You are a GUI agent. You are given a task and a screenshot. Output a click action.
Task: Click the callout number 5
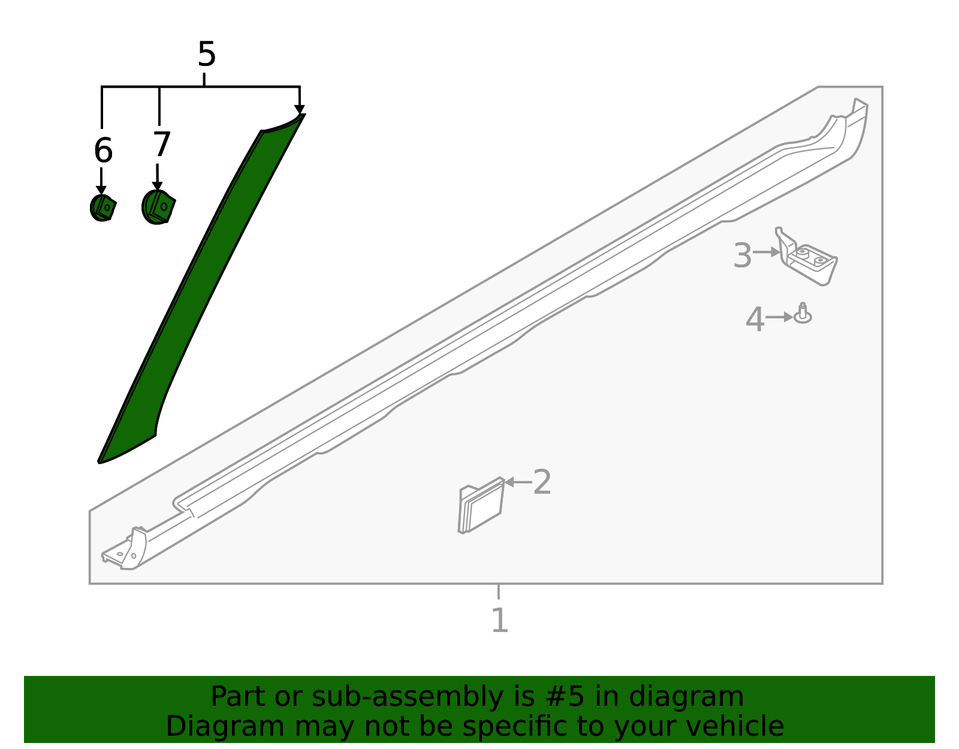[206, 55]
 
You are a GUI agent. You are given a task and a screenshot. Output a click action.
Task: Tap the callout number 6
[103, 151]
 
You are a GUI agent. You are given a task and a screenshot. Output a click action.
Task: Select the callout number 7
[162, 145]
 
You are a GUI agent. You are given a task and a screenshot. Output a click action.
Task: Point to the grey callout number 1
[499, 621]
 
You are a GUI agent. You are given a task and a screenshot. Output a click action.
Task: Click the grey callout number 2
[542, 482]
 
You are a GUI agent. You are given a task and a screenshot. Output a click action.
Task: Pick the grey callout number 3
[742, 256]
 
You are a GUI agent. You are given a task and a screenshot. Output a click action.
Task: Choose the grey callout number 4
[755, 320]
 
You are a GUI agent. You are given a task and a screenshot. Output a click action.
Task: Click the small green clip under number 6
[102, 207]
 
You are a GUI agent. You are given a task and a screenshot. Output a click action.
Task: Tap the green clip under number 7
[158, 207]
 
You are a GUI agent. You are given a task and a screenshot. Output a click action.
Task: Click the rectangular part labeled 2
[481, 507]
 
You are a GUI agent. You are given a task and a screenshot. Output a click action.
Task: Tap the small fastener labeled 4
[803, 314]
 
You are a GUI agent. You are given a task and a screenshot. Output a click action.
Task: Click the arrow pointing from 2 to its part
[518, 482]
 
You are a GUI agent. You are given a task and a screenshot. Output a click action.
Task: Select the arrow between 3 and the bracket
[767, 252]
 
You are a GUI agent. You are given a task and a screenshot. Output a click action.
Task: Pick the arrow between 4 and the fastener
[779, 317]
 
